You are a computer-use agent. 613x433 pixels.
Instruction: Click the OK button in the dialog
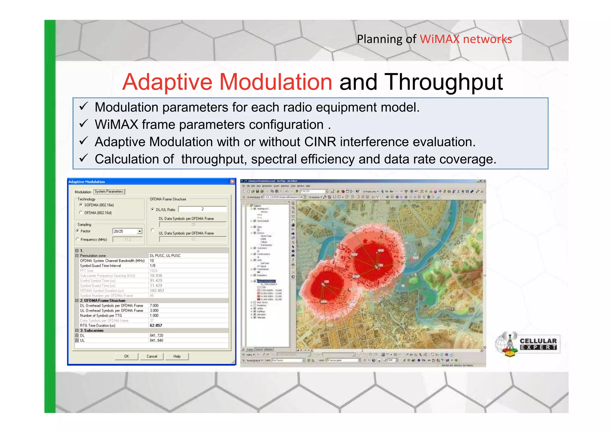pos(127,356)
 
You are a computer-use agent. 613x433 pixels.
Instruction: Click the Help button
pos(177,356)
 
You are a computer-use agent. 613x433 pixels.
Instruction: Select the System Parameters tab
pos(109,192)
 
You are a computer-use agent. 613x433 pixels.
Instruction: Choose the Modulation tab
pos(83,192)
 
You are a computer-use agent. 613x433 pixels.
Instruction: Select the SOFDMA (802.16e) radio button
pos(81,205)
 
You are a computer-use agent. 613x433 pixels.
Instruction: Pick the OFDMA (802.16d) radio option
pos(81,213)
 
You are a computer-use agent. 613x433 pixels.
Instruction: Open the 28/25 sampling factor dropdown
pos(139,231)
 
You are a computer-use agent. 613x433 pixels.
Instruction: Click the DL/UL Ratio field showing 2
pos(202,209)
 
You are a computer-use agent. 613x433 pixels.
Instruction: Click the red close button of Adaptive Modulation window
pos(232,182)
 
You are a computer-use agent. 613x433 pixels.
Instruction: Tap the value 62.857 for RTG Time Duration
pos(156,326)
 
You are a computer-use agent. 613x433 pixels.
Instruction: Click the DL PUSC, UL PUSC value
pos(165,256)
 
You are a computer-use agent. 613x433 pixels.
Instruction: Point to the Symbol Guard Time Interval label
pos(100,266)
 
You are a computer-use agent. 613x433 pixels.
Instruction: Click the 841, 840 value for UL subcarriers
pos(157,341)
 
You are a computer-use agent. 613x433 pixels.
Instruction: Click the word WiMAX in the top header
pos(439,39)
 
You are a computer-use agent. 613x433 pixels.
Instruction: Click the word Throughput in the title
pos(443,82)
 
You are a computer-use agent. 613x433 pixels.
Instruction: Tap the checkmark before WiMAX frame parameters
pos(84,124)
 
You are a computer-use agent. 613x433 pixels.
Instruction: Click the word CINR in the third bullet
pos(320,142)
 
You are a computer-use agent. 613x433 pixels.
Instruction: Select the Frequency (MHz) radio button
pos(78,239)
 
